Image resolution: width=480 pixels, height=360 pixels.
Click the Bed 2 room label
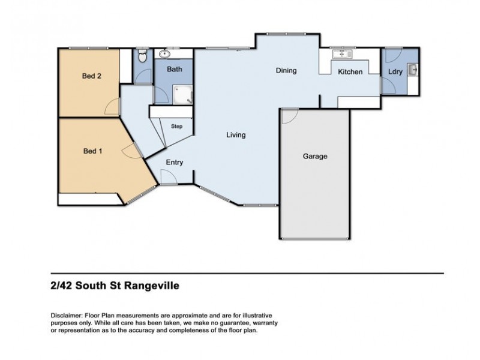pos(92,76)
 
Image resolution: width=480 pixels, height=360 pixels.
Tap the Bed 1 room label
pos(92,151)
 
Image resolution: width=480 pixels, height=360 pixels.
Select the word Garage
pos(314,157)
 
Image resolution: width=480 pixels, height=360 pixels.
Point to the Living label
pos(236,135)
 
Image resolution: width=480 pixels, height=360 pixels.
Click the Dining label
pos(286,71)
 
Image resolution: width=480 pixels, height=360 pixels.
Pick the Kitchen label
pos(350,72)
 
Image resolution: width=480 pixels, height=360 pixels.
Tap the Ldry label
pos(395,72)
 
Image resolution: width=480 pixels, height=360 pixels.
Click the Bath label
pos(175,70)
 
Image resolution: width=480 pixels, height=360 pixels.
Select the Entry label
pos(175,163)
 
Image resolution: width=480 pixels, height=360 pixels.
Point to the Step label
pos(177,127)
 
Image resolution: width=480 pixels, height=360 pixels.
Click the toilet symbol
pos(142,56)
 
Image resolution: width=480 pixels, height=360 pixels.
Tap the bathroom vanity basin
pos(164,54)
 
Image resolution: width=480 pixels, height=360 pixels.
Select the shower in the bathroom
pos(182,94)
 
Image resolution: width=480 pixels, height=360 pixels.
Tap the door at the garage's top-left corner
pos(289,116)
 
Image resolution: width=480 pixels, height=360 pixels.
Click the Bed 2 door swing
pos(112,107)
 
